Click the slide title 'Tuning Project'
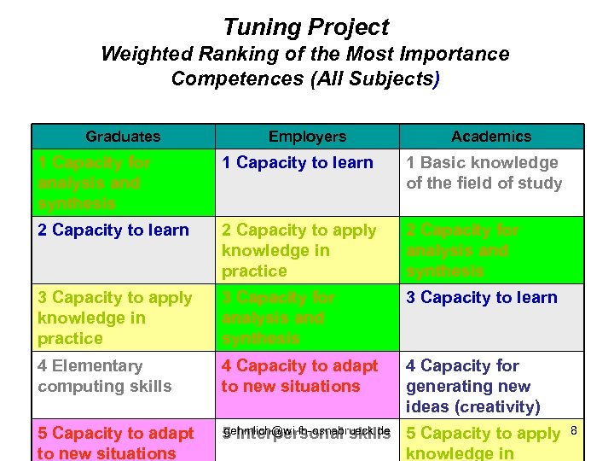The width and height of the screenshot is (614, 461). [x=305, y=27]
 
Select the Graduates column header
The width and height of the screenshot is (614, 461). [x=123, y=137]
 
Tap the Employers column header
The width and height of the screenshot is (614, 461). [x=307, y=137]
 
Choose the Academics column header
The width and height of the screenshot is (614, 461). [x=491, y=137]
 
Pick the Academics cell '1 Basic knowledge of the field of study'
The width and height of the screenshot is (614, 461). [x=484, y=172]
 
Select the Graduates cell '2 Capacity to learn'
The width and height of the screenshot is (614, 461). [x=113, y=230]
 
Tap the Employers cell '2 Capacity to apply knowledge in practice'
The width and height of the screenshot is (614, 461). [x=298, y=250]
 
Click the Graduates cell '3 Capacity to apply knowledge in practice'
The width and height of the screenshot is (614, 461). [x=115, y=318]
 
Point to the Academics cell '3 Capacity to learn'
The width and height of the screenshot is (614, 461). [x=482, y=298]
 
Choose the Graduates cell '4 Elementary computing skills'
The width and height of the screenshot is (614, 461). [x=105, y=376]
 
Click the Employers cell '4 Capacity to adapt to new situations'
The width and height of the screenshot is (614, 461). [x=299, y=376]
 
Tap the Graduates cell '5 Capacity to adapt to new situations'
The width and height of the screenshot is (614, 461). [x=116, y=443]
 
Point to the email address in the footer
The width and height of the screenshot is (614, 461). [x=306, y=430]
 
